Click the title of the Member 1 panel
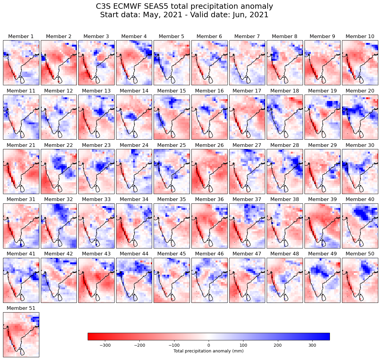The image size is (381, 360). pos(21,37)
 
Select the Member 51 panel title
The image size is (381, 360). pos(21,308)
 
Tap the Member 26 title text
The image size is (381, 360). pos(209,145)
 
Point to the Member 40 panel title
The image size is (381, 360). pos(360,199)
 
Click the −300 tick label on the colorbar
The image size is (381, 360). pos(105,345)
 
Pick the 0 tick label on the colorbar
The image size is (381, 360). pos(209,345)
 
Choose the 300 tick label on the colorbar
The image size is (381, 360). pos(312,345)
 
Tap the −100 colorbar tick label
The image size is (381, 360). pos(174,345)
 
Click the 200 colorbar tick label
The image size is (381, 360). pos(278,345)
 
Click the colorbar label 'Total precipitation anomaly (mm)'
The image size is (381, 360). pos(208,351)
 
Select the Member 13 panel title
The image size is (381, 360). pos(96,91)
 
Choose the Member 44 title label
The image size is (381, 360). pos(134,254)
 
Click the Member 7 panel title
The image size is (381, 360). pos(247,37)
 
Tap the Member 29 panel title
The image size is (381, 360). pos(322,145)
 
